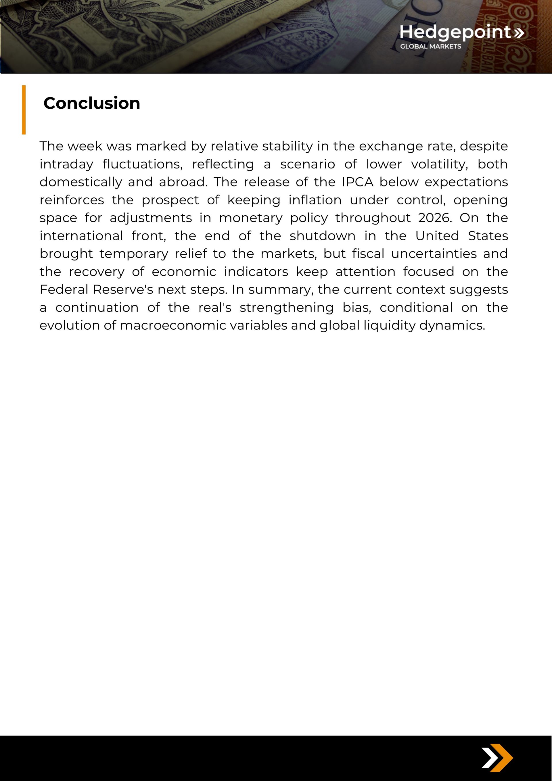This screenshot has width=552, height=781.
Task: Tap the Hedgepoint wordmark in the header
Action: click(x=455, y=32)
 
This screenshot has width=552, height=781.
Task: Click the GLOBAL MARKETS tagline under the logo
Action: click(x=430, y=47)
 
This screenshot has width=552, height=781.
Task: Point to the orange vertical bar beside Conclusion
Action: click(x=24, y=110)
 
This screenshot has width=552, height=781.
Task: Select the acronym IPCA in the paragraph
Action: click(x=357, y=182)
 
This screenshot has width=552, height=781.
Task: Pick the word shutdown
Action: click(x=322, y=236)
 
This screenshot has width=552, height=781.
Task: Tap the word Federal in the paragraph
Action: click(x=64, y=289)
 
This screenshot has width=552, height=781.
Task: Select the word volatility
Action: click(x=439, y=164)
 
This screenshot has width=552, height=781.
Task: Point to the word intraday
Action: click(x=66, y=164)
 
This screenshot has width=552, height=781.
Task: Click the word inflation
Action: click(x=315, y=200)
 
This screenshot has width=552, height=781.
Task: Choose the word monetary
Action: click(x=250, y=218)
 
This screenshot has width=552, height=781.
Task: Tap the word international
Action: click(x=81, y=236)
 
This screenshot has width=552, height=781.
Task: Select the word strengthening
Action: click(x=287, y=308)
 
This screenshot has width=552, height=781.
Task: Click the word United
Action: click(x=437, y=236)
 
